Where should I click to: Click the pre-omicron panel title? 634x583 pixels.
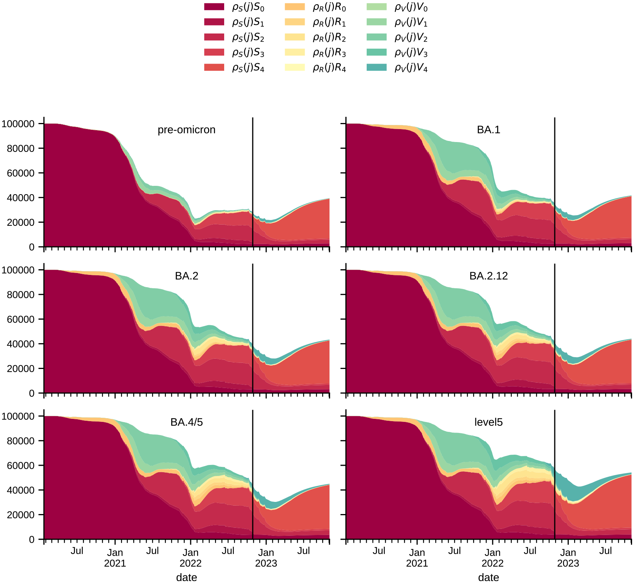pos(186,130)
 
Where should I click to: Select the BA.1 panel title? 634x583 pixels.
pos(488,130)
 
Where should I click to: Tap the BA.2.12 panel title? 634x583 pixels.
pos(488,276)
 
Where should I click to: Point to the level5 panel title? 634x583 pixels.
pos(488,422)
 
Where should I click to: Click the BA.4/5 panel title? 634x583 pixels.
pos(186,422)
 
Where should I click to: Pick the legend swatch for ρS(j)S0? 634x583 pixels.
pos(214,7)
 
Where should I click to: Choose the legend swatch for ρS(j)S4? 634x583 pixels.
pos(214,67)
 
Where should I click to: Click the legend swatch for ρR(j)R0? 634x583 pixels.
pos(295,7)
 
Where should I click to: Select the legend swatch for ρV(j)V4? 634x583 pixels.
pos(376,67)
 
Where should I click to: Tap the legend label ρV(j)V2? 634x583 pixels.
pos(411,38)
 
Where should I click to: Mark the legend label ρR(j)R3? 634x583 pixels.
pos(329,53)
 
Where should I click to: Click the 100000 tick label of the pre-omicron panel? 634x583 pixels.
pos(18,124)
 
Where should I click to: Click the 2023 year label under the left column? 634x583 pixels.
pos(266,564)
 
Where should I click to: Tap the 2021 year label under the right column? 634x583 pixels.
pos(417,564)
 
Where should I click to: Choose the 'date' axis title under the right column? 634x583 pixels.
pos(488,577)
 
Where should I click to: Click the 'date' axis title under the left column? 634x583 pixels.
pos(186,577)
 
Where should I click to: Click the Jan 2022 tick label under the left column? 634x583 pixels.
pos(191,557)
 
